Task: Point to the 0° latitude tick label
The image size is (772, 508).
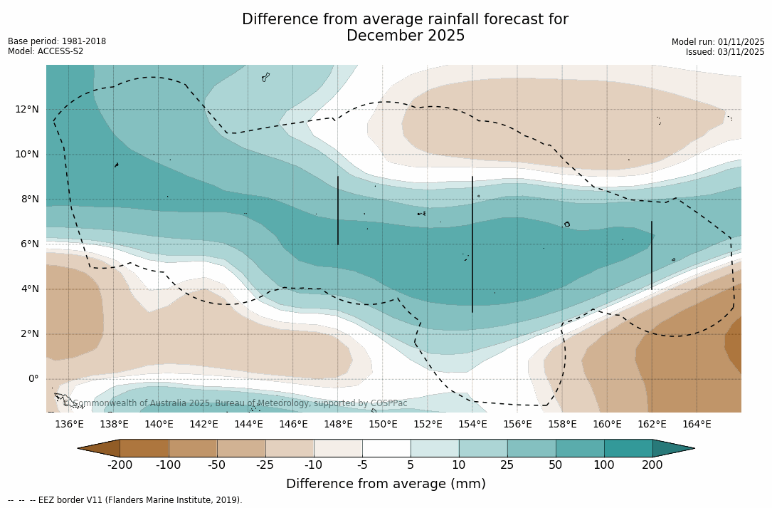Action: click(33, 378)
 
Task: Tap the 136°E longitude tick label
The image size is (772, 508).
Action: click(69, 425)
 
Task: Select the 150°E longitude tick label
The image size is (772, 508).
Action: click(383, 425)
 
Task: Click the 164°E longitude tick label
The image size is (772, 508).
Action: click(697, 425)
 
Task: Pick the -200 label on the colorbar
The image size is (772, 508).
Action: click(120, 465)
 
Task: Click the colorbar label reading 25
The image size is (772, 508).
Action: click(507, 465)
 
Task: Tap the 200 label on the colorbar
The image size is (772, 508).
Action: click(652, 465)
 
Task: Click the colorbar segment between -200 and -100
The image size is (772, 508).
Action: click(144, 448)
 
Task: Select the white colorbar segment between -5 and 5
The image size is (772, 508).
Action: click(386, 448)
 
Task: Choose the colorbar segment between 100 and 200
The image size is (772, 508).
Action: click(628, 448)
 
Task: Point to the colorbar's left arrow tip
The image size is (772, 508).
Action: click(79, 448)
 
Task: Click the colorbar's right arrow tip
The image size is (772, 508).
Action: click(693, 448)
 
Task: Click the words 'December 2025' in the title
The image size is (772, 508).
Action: click(406, 36)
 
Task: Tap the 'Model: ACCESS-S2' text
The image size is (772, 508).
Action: click(46, 51)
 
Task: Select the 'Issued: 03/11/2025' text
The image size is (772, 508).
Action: click(725, 52)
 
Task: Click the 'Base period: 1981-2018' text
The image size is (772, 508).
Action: click(57, 41)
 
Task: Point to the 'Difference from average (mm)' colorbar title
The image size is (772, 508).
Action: click(386, 484)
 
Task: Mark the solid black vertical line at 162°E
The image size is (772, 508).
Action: click(652, 255)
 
